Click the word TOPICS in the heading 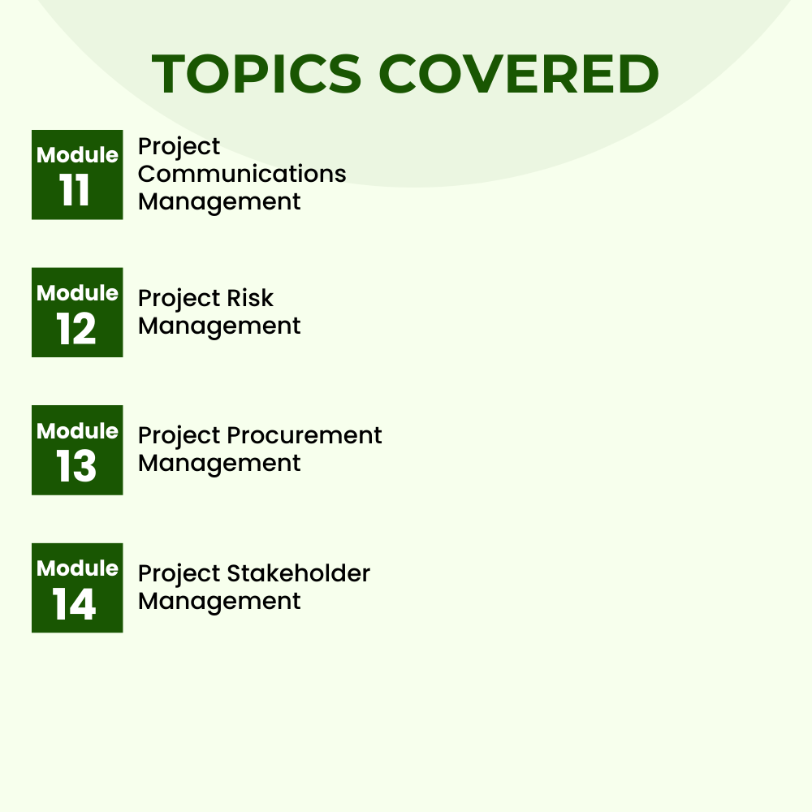(256, 74)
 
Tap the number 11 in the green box (76, 192)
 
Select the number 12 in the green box (76, 330)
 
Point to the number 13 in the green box (76, 467)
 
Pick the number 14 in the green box (76, 605)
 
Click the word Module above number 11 (77, 154)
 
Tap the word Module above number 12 (77, 292)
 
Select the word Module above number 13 (77, 430)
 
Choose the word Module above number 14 (77, 568)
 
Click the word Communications (242, 174)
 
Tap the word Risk (250, 298)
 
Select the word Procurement (304, 435)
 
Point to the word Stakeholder (299, 573)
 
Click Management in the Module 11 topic (219, 201)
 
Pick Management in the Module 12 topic (219, 326)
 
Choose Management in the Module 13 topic (219, 463)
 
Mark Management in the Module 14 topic (219, 601)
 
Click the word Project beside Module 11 (179, 148)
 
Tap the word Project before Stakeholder (179, 575)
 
